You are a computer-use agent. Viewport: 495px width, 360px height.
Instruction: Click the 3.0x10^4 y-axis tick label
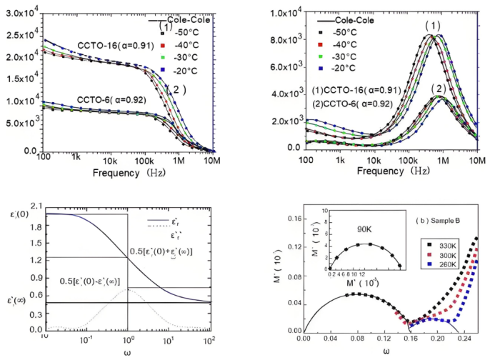point(21,11)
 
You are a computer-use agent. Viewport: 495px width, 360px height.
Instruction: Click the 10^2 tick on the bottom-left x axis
point(209,336)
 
